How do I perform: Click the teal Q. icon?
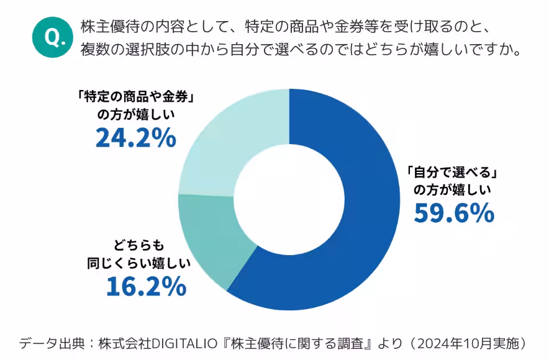tap(52, 37)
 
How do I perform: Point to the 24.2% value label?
tap(135, 138)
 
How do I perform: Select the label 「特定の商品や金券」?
tap(135, 97)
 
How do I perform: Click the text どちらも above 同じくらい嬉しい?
tap(146, 245)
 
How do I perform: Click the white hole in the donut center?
tap(289, 199)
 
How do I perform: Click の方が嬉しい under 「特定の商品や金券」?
tap(136, 114)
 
